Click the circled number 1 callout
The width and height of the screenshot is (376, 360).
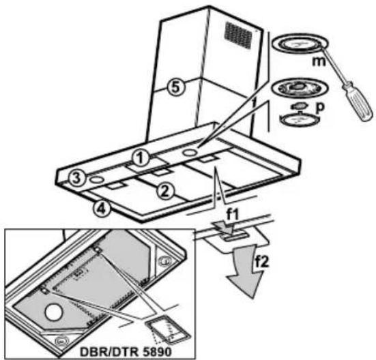(141, 158)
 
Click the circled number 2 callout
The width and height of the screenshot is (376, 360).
(165, 191)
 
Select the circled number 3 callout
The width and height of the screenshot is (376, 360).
(76, 178)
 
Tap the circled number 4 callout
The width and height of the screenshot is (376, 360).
(102, 209)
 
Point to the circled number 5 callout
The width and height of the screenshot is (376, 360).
(176, 87)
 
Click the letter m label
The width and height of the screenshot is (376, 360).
(319, 61)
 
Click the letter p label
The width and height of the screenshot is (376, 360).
(319, 107)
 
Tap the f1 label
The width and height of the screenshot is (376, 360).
(233, 215)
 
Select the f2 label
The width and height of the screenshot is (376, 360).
(262, 262)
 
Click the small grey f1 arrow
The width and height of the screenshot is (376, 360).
(224, 227)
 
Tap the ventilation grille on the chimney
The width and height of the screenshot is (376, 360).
(239, 35)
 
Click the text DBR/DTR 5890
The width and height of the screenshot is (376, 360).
(126, 352)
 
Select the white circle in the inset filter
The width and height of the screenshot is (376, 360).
(54, 312)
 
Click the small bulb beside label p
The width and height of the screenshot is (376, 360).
(298, 106)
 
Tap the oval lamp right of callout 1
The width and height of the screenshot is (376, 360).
(191, 152)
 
